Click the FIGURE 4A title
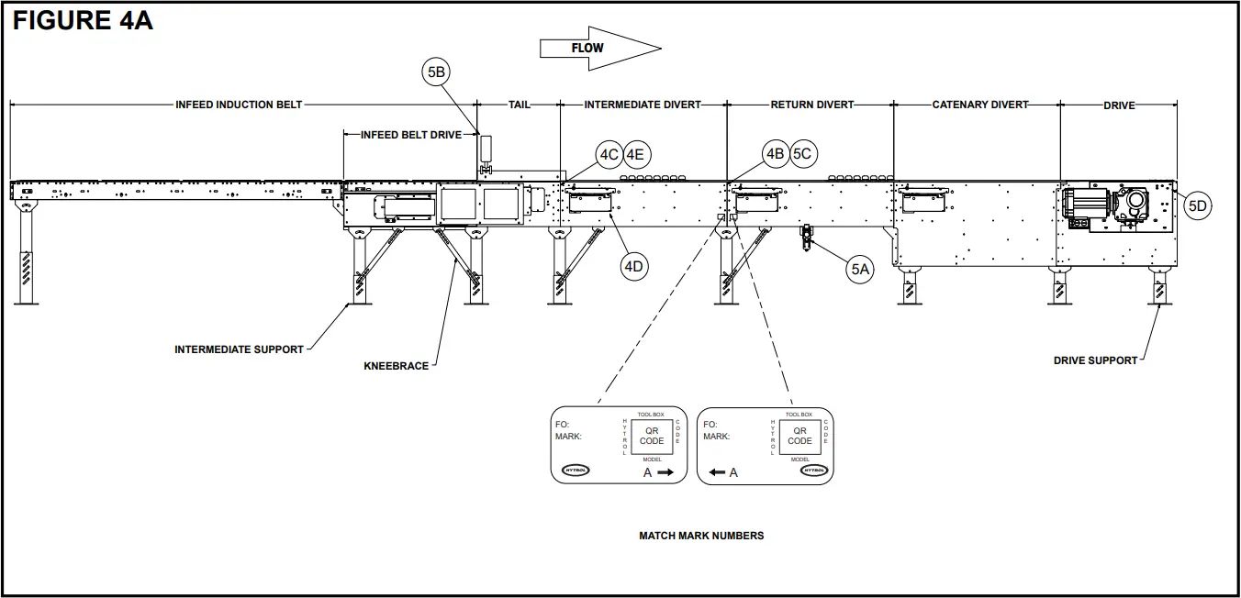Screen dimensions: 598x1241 pyautogui.click(x=83, y=22)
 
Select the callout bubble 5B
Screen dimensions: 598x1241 pyautogui.click(x=437, y=72)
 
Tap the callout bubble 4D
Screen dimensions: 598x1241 pyautogui.click(x=634, y=267)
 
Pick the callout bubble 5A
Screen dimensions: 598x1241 pyautogui.click(x=860, y=269)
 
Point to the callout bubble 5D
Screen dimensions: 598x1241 pyautogui.click(x=1197, y=206)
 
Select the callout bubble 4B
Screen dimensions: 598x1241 pyautogui.click(x=775, y=154)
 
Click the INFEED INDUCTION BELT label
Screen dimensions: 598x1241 pyautogui.click(x=239, y=105)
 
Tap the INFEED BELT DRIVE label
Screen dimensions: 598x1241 pyautogui.click(x=410, y=135)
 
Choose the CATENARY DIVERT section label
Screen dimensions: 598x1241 pyautogui.click(x=980, y=105)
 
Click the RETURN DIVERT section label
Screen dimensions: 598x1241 pyautogui.click(x=811, y=105)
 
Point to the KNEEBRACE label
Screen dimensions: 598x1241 pyautogui.click(x=396, y=366)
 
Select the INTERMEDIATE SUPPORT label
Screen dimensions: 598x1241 pyautogui.click(x=239, y=349)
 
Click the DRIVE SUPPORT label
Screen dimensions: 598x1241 pyautogui.click(x=1095, y=360)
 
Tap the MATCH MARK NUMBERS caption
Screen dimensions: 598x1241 pyautogui.click(x=701, y=536)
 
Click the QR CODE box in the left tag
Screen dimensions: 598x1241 pyautogui.click(x=652, y=436)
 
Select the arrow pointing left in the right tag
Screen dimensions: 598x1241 pyautogui.click(x=717, y=472)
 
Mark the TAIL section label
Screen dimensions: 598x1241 pyautogui.click(x=520, y=105)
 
